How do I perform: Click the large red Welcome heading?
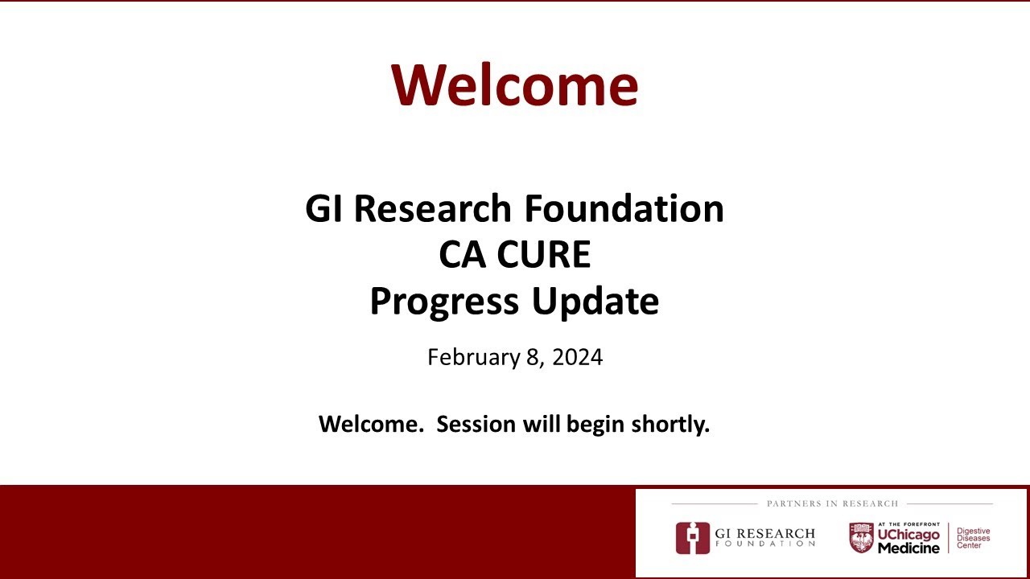coord(514,84)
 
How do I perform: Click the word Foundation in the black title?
coord(624,209)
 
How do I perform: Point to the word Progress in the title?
coord(445,302)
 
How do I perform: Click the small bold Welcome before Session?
coord(370,424)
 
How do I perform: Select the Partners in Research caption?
coord(832,503)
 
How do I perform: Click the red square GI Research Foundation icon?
coord(692,538)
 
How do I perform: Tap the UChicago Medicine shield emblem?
coord(861,538)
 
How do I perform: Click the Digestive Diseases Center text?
coord(973,538)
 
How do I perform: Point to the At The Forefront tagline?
coord(908,524)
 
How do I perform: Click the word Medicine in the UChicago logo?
coord(908,548)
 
